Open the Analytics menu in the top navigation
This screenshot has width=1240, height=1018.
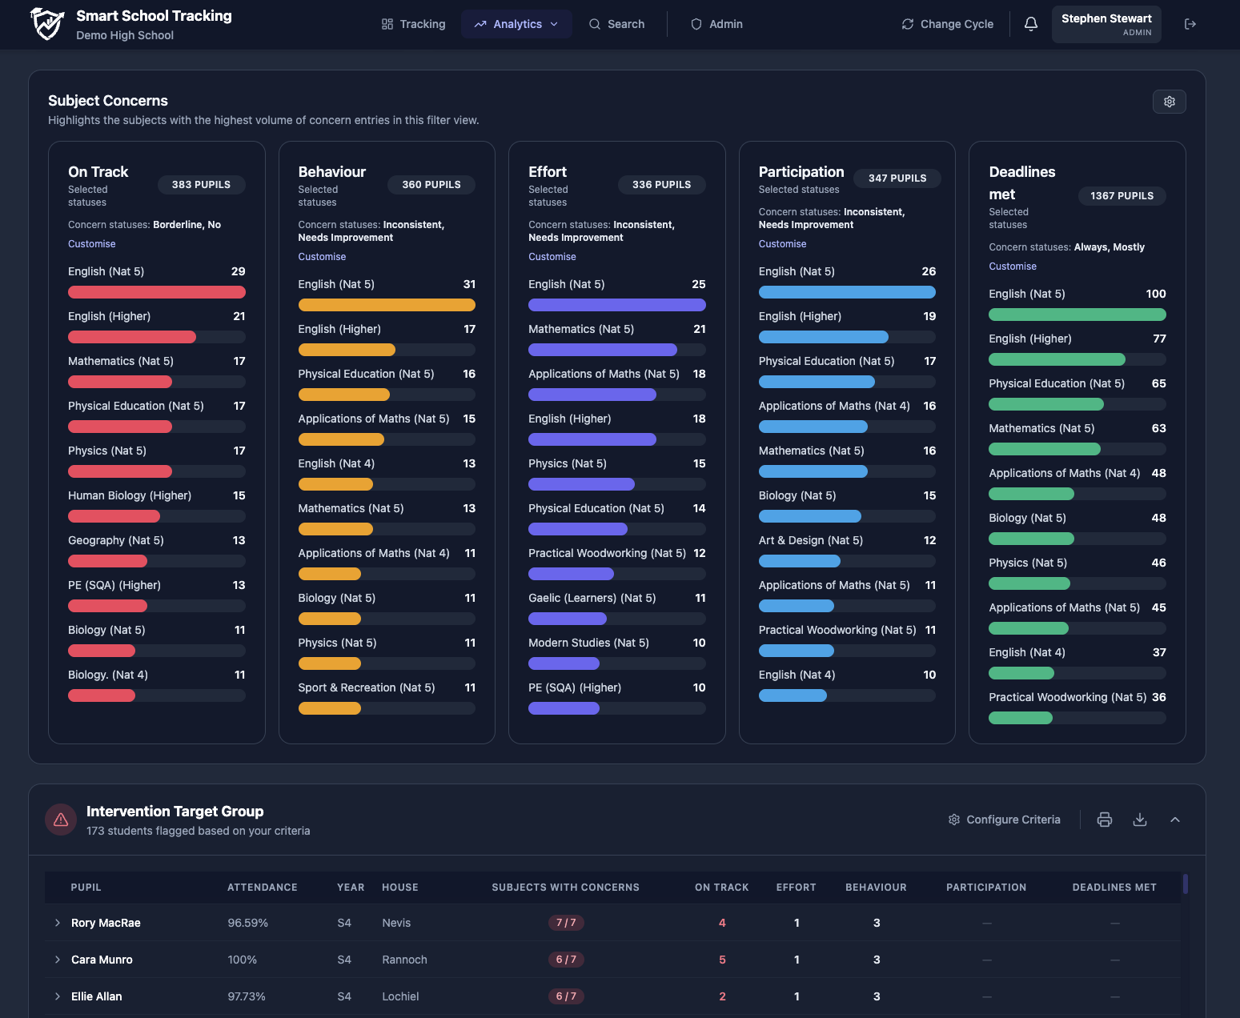coord(516,24)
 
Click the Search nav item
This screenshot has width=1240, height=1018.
coord(616,24)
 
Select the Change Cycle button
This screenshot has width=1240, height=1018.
coord(947,24)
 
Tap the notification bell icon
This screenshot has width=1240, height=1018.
coord(1031,24)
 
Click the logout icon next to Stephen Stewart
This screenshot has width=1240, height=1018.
coord(1190,24)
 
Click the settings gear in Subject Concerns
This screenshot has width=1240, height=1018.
coord(1169,102)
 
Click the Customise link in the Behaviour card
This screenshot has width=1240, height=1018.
coord(322,257)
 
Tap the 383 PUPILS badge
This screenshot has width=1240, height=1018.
coord(201,185)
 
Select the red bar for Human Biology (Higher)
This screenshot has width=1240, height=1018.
coord(114,516)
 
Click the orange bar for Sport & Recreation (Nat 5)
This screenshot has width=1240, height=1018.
coord(330,708)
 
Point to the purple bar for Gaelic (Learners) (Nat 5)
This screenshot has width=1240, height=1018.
coord(568,619)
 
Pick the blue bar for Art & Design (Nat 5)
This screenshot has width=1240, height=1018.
coord(799,561)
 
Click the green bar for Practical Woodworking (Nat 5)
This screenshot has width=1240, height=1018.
coord(1021,718)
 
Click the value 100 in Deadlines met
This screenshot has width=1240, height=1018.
coord(1155,294)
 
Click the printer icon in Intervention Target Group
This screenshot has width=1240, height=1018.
coord(1105,820)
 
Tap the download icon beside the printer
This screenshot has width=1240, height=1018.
coord(1140,820)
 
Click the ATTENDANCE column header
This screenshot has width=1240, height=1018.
coord(262,888)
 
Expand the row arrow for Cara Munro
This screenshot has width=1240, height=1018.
coord(58,960)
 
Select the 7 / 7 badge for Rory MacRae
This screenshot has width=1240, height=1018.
coord(566,923)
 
